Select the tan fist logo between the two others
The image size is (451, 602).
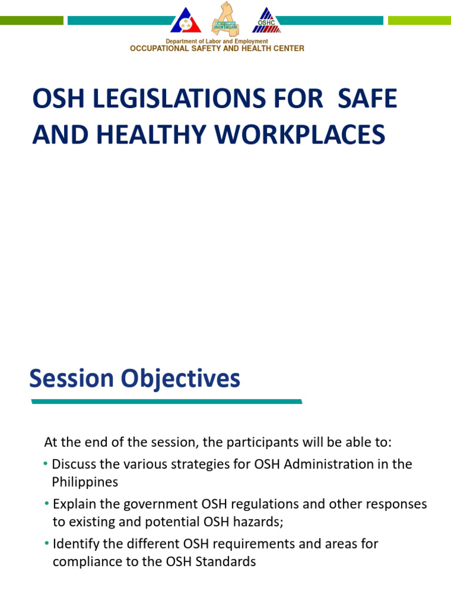tap(226, 18)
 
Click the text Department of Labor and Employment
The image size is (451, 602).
tap(217, 41)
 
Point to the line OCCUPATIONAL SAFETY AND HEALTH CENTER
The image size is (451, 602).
tap(217, 49)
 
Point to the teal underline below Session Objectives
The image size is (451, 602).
tap(166, 402)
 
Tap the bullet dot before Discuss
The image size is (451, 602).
tap(46, 464)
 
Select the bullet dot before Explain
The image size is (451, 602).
tap(46, 504)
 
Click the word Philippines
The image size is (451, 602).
tap(85, 482)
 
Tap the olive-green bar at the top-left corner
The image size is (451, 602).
tap(32, 21)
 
